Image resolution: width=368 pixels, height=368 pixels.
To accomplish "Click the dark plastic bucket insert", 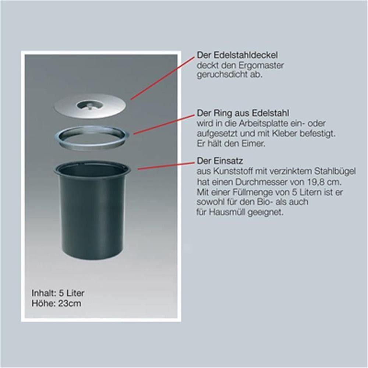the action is click(x=92, y=210).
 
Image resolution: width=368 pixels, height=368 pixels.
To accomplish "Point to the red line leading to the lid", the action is click(x=163, y=78).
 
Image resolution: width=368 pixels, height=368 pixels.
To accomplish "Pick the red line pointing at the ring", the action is click(x=164, y=125).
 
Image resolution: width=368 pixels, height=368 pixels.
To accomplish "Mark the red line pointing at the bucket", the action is click(x=166, y=165).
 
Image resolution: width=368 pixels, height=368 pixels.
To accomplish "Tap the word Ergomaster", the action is click(x=261, y=65).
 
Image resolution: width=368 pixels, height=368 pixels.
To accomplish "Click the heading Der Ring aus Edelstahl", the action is click(x=243, y=113).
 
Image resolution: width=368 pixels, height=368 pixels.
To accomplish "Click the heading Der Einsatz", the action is click(x=220, y=161).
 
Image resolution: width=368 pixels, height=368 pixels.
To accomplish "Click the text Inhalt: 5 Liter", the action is click(x=58, y=293).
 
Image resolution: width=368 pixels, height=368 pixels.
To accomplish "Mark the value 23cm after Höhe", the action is click(x=70, y=303).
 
